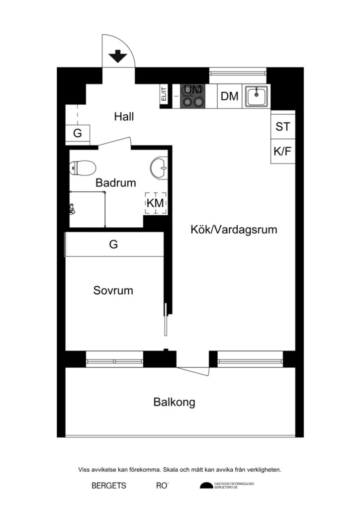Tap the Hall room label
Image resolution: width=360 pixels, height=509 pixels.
[x=124, y=117]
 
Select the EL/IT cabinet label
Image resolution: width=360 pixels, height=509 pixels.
[x=163, y=94]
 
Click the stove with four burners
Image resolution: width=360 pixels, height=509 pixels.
[x=193, y=96]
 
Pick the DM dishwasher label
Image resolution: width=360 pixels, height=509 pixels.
[x=229, y=96]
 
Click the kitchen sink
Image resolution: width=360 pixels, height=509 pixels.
[x=257, y=96]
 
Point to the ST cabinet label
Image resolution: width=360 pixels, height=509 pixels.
[x=283, y=127]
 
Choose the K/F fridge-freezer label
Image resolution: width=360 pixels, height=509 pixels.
[x=283, y=152]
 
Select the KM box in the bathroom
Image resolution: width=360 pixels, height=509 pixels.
[x=155, y=203]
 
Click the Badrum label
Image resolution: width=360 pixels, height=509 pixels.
[x=116, y=183]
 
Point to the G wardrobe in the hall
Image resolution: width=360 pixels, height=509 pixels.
[x=78, y=133]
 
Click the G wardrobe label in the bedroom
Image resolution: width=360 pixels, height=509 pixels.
[x=114, y=245]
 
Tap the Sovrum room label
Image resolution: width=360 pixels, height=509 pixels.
[x=113, y=290]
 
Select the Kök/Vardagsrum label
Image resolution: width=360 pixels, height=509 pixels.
[x=234, y=230]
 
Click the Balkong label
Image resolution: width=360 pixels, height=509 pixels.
[x=174, y=402]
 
